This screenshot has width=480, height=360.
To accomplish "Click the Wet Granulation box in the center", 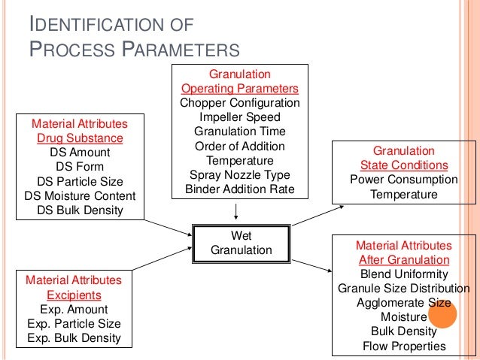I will pyautogui.click(x=241, y=242).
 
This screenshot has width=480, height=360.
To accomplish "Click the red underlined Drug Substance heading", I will pyautogui.click(x=79, y=138).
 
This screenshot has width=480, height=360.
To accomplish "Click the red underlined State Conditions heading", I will pyautogui.click(x=404, y=165).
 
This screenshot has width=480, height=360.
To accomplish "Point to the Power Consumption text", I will pyautogui.click(x=404, y=180).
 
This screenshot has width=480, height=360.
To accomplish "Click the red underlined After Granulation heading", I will pyautogui.click(x=404, y=259).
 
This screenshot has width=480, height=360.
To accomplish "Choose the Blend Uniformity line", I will pyautogui.click(x=404, y=274).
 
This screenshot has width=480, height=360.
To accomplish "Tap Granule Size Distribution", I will pyautogui.click(x=404, y=288).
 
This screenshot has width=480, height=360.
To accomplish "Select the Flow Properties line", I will pyautogui.click(x=404, y=346).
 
